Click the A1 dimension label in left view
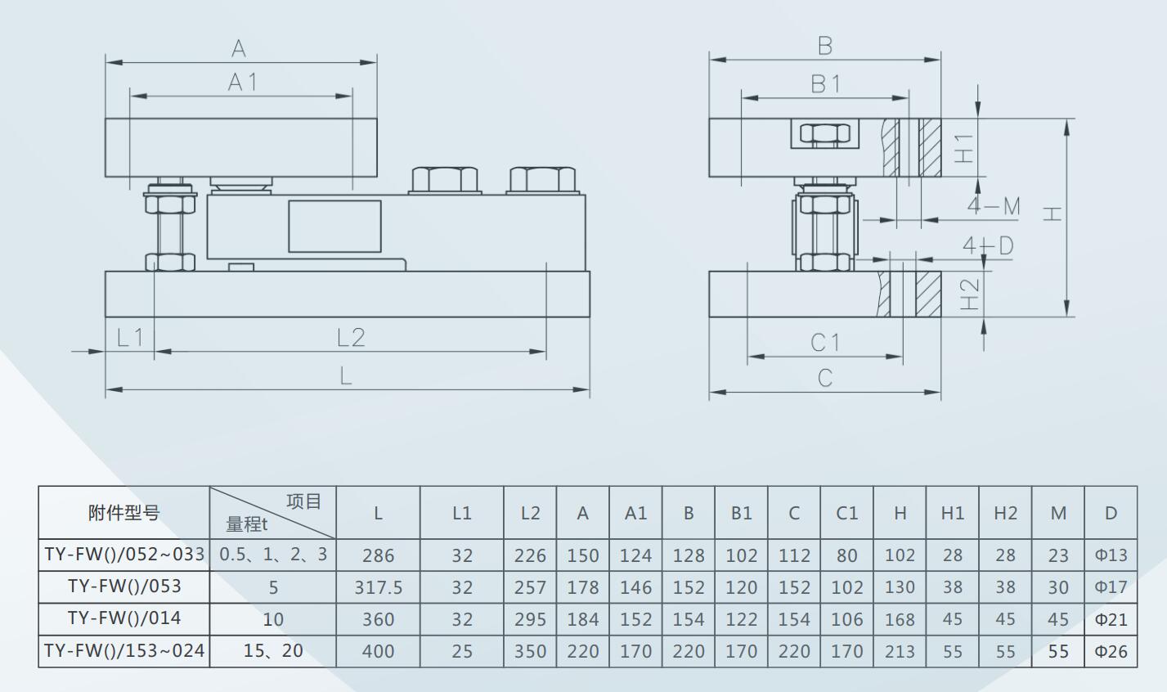pos(243,83)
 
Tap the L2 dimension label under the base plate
pos(351,338)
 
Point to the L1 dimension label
pos(130,338)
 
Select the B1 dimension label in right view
pos(826,84)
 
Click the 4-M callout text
pos(994,206)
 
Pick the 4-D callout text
pos(988,245)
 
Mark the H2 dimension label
pos(970,294)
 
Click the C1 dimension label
pos(826,343)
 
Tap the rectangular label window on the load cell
pos(334,227)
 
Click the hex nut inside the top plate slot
pos(824,133)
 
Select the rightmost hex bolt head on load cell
pos(542,180)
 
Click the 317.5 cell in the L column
pos(379,587)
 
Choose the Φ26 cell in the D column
pos(1111,651)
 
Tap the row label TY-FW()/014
pos(124,618)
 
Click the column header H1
pos(953,513)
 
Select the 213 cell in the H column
pos(900,651)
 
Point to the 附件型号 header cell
pos(124,513)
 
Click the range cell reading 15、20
pos(273,651)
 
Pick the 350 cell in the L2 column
pos(530,651)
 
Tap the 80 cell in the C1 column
pos(846,555)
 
